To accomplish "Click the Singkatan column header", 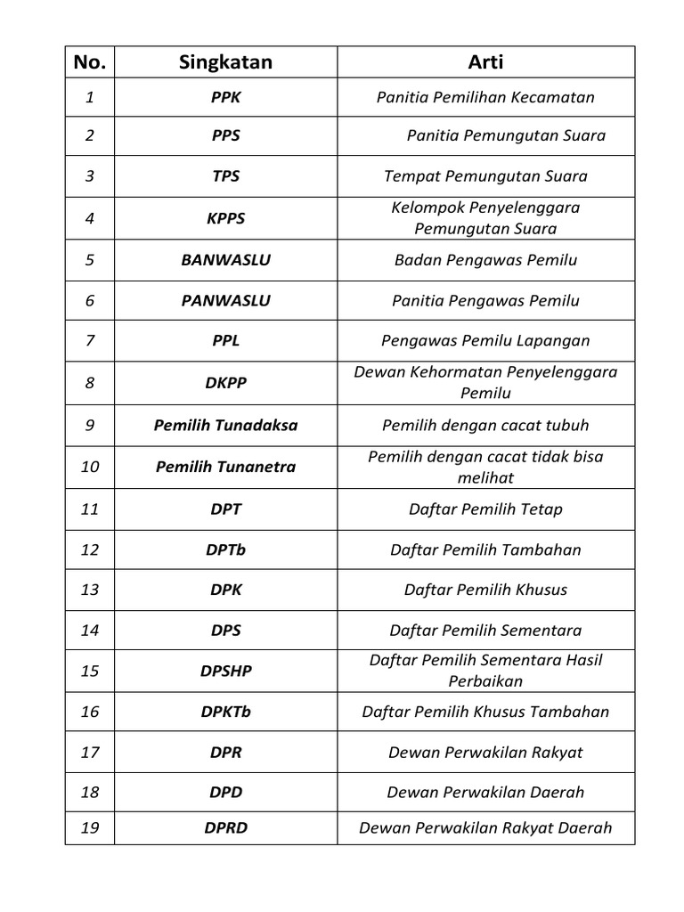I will (225, 61).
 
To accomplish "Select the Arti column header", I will (485, 61).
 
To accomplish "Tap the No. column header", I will (90, 61).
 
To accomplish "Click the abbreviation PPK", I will (225, 97).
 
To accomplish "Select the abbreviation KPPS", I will (225, 218).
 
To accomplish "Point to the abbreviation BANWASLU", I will (225, 260).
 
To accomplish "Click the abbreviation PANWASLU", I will (225, 301).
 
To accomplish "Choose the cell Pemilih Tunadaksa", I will (225, 425).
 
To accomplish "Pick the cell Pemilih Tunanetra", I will (225, 467).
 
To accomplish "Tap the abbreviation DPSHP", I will (225, 671).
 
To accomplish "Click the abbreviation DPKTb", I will (225, 712).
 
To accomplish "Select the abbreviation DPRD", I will (225, 827).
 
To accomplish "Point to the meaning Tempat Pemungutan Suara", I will (485, 176).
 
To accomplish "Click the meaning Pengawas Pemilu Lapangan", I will (485, 341).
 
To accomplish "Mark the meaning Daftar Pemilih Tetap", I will (485, 509).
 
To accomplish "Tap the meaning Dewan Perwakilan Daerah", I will (485, 792).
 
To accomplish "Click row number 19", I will (90, 827).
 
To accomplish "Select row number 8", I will (90, 383).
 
